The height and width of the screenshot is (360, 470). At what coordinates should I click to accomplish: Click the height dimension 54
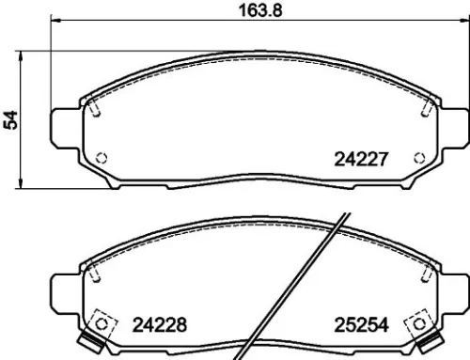pos(11,118)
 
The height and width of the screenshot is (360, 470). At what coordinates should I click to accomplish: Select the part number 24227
pos(362,160)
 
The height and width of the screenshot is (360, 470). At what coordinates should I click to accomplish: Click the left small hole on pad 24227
pos(102,157)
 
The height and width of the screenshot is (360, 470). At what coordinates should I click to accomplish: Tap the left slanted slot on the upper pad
pos(96,108)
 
